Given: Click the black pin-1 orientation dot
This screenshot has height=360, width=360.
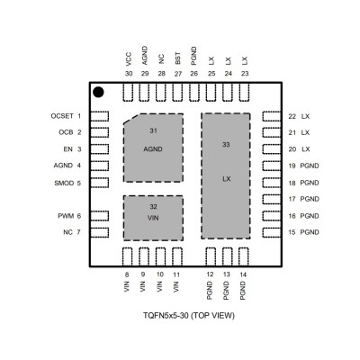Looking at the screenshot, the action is tap(98, 92).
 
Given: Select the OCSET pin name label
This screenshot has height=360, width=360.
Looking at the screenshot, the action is tap(62, 116).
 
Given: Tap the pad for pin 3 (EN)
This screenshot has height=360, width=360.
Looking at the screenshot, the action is tap(99, 149).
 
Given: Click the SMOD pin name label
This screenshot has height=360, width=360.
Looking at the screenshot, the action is tap(64, 183).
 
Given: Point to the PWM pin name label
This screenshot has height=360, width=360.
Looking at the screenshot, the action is tap(66, 216).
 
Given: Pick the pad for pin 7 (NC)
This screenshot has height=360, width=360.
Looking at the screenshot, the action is tap(99, 232).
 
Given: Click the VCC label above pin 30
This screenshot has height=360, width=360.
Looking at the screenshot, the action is tap(129, 59).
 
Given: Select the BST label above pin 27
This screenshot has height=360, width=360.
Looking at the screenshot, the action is tap(178, 58).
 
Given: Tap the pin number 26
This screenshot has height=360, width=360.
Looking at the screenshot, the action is tap(194, 74).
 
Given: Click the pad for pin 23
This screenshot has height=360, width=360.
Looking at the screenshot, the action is tap(244, 93).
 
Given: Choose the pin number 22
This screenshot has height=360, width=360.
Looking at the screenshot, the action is tap(292, 116).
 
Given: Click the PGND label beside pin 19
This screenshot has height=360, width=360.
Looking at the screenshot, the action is tap(310, 166).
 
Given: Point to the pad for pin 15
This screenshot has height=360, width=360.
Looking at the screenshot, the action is tap(272, 232).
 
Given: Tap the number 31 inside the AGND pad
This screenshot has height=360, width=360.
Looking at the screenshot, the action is tap(153, 130).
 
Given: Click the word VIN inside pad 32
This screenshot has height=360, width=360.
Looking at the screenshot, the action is tap(153, 218).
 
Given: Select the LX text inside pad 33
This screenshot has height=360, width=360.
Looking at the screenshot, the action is tap(227, 179).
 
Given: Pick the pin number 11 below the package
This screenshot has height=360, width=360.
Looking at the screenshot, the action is tap(176, 274).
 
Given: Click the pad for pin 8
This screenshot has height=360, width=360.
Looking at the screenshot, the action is tap(128, 256).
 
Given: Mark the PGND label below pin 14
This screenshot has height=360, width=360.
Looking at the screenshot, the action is tap(243, 291).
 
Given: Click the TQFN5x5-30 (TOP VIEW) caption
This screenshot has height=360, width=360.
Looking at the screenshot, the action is tap(189, 316).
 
